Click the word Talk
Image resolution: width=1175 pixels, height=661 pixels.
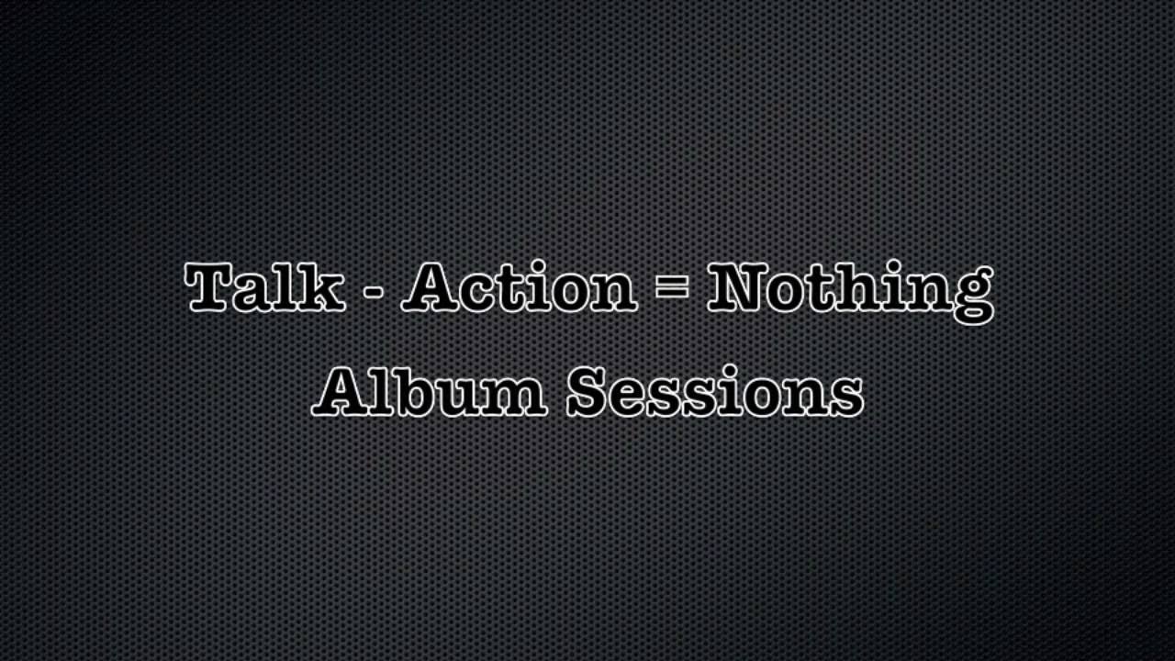(264, 288)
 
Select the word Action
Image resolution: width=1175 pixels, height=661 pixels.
(519, 288)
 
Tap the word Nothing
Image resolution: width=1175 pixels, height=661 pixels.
(849, 290)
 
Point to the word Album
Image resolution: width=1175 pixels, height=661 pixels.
(430, 392)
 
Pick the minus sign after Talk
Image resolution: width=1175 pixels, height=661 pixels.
(373, 292)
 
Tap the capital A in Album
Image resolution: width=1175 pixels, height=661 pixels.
(341, 392)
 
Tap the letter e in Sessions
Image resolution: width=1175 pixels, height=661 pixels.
(632, 396)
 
